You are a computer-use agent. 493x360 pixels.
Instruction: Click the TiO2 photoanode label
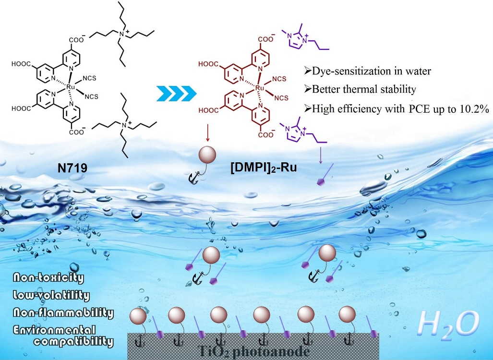(x=252, y=352)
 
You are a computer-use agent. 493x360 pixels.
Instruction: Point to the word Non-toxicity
(x=49, y=277)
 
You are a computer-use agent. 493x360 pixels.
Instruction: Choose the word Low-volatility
(x=52, y=296)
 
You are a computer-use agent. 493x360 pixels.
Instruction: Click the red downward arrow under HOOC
(x=207, y=132)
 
